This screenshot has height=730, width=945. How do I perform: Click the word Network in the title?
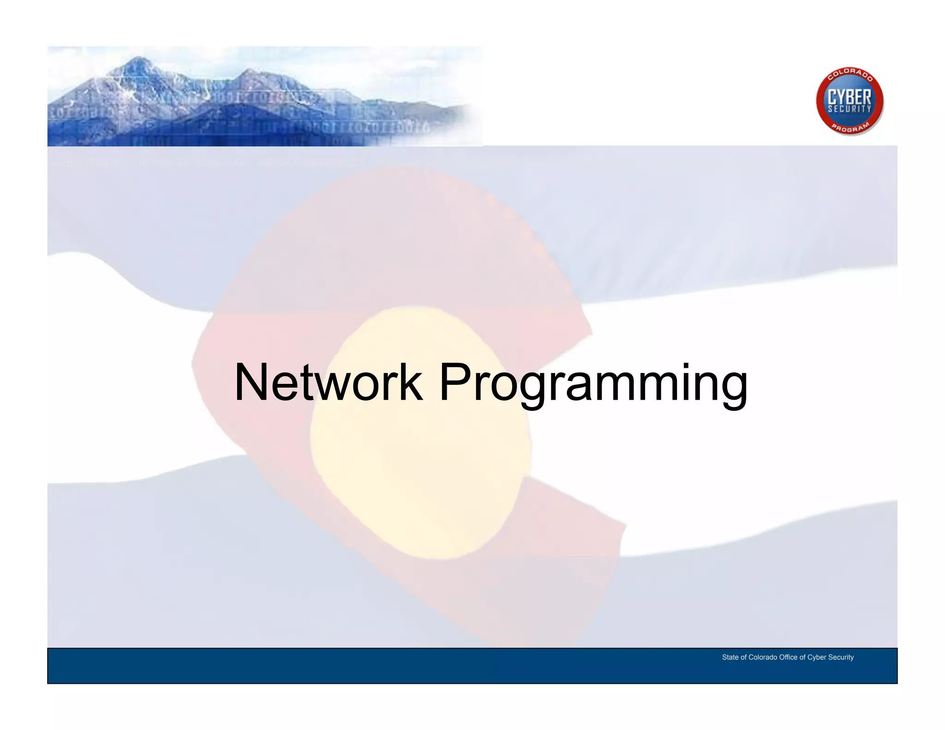[x=328, y=383]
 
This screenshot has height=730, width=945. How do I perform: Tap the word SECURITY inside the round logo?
[x=849, y=109]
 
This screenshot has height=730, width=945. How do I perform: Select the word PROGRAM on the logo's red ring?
[x=850, y=128]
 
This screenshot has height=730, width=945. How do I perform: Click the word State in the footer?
[x=730, y=657]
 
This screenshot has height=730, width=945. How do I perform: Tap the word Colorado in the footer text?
[x=763, y=657]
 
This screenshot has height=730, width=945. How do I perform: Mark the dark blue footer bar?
[x=369, y=666]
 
